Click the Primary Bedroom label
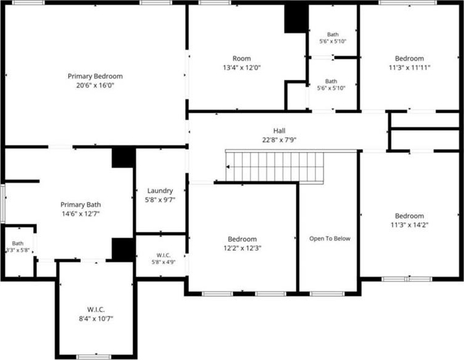(95, 76)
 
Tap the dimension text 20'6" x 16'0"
(95, 85)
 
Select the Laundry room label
(160, 191)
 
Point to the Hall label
(279, 131)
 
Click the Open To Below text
(330, 239)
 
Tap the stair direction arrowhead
(228, 167)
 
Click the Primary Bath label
(80, 205)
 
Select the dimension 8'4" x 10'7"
(96, 318)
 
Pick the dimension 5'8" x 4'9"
(163, 262)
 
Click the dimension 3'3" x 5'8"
(18, 250)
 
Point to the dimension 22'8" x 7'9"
(279, 140)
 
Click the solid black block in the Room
(296, 18)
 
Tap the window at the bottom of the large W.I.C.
(93, 357)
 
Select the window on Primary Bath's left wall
(2, 204)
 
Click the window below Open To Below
(327, 294)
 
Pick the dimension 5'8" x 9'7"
(160, 200)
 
